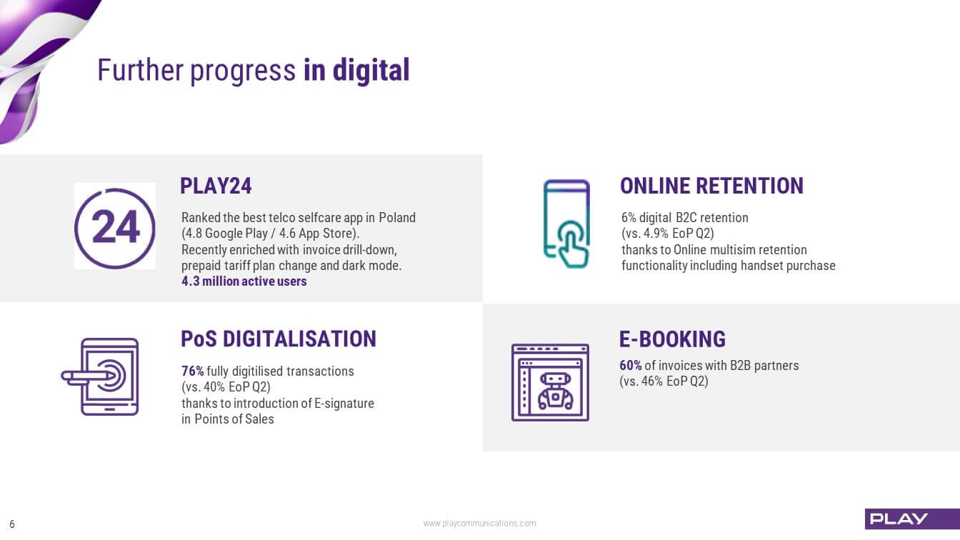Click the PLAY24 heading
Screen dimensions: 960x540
pyautogui.click(x=216, y=186)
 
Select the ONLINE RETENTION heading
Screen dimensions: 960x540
pyautogui.click(x=711, y=186)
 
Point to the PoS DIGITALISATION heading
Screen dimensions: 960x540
pyautogui.click(x=279, y=339)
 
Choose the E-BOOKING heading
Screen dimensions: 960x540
pyautogui.click(x=672, y=339)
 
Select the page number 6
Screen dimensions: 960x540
pyautogui.click(x=12, y=524)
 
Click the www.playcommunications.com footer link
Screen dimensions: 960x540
pyautogui.click(x=479, y=524)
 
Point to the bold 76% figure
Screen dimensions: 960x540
pyautogui.click(x=192, y=371)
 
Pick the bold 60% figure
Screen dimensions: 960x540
pyautogui.click(x=631, y=365)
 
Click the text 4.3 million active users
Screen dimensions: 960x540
pyautogui.click(x=244, y=281)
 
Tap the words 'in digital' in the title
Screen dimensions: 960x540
pyautogui.click(x=356, y=71)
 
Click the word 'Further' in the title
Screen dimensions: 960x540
pyautogui.click(x=141, y=70)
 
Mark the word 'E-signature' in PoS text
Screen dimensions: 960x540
pyautogui.click(x=344, y=404)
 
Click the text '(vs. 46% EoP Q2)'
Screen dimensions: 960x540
pyautogui.click(x=664, y=381)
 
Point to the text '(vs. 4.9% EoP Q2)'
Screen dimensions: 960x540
pyautogui.click(x=668, y=234)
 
